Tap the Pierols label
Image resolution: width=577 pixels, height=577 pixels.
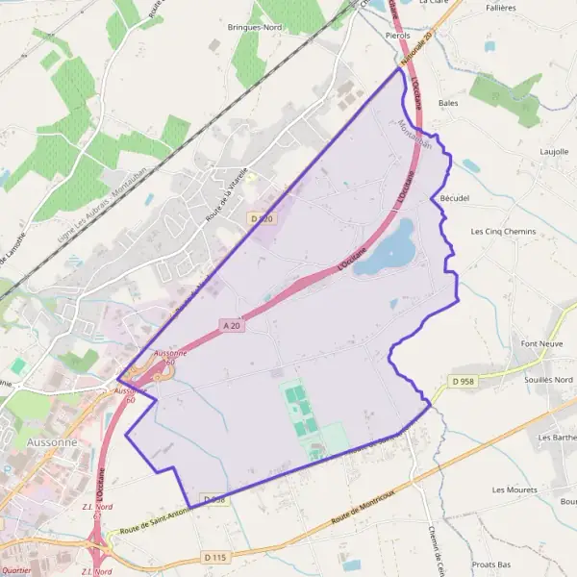click(x=396, y=34)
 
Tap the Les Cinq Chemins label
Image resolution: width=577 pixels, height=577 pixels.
click(x=503, y=232)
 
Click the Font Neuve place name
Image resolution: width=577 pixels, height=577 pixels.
click(x=540, y=343)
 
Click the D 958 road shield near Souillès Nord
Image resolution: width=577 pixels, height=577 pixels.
click(x=464, y=382)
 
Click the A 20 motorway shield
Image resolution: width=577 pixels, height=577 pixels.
click(x=231, y=326)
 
